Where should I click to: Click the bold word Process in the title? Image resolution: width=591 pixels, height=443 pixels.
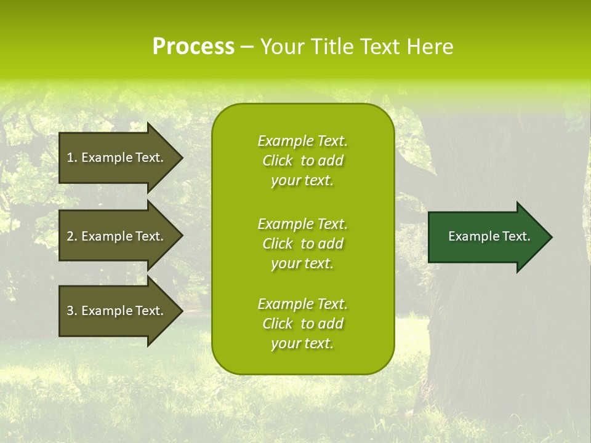point(193,47)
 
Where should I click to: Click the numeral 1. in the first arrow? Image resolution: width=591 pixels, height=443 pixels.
point(72,158)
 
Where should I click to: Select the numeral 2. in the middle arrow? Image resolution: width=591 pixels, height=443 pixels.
point(72,236)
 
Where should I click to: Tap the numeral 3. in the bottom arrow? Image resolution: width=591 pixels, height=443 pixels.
point(72,311)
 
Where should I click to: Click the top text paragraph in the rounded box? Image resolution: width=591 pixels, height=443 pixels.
point(302,161)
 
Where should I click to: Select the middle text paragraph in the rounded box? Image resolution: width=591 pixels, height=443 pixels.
point(302,244)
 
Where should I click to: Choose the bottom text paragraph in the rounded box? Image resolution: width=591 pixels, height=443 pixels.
point(302,324)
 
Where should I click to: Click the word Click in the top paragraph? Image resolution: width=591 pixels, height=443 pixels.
point(278,161)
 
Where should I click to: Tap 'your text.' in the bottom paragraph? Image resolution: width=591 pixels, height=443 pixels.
point(302,343)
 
